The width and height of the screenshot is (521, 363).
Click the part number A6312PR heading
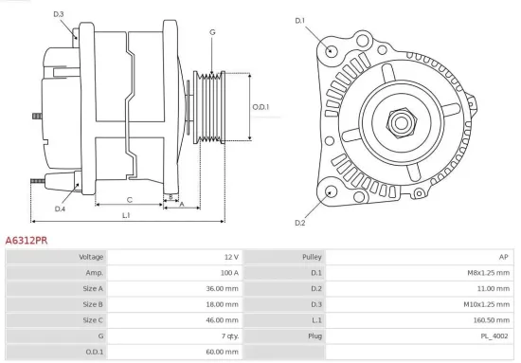click(27, 242)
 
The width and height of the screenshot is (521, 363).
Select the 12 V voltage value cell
click(231, 257)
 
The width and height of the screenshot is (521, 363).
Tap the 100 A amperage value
click(228, 273)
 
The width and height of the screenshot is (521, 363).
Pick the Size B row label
click(93, 304)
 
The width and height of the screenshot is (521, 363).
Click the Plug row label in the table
click(314, 336)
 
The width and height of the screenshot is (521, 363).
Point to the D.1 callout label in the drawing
click(300, 20)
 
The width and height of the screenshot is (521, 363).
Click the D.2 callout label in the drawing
click(300, 223)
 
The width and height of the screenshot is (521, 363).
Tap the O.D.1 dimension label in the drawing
click(261, 107)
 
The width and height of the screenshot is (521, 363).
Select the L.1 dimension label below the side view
click(126, 216)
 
